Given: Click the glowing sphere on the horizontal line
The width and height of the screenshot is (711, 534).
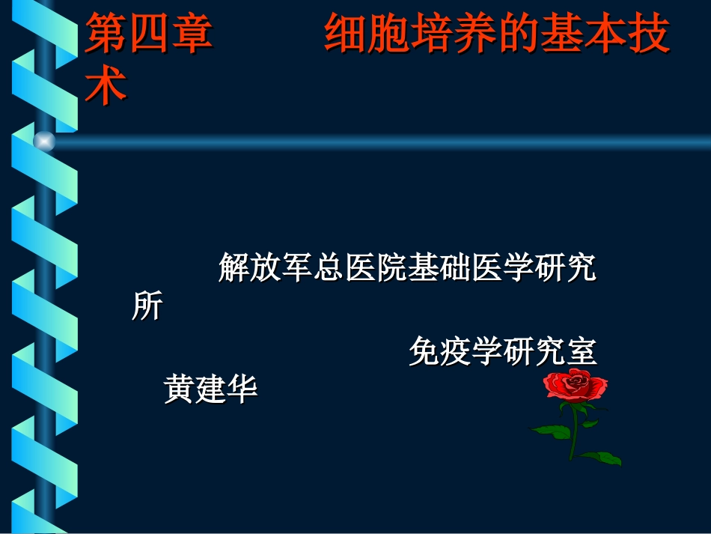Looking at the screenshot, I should [x=44, y=141].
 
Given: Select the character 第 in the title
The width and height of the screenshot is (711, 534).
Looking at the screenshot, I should [x=106, y=37].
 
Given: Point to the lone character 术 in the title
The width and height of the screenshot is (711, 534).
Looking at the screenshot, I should [x=106, y=86].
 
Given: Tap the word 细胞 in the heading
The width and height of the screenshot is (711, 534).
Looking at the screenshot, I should [x=367, y=37].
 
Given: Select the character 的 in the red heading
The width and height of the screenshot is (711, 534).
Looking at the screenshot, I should [x=519, y=37].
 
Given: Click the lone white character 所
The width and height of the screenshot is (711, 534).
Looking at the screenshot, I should [x=147, y=306].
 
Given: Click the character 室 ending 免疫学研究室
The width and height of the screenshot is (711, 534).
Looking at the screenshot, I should [x=581, y=353].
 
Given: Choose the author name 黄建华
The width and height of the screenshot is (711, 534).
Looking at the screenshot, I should [x=211, y=390].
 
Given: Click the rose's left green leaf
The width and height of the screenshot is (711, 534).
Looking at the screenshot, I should [x=552, y=431].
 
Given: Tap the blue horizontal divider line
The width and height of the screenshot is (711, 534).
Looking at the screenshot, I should [x=374, y=141].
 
